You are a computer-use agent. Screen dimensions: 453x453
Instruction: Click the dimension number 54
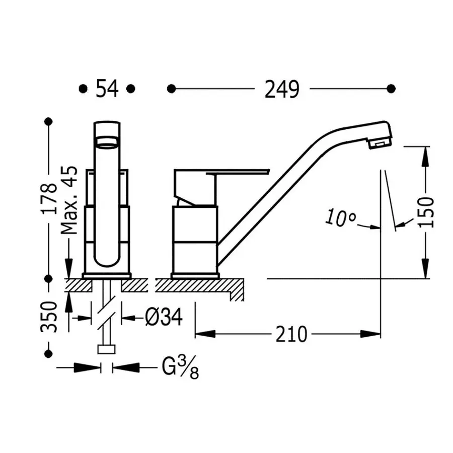[x=107, y=89]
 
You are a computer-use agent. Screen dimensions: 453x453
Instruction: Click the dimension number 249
[x=281, y=89]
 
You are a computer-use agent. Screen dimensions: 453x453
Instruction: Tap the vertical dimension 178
[x=49, y=199]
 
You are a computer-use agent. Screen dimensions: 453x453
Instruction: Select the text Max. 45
[x=69, y=200]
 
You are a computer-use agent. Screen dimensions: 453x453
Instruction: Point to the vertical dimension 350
[x=49, y=316]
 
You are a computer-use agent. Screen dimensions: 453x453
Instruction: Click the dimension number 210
[x=291, y=333]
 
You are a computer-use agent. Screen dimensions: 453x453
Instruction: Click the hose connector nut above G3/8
[x=107, y=349]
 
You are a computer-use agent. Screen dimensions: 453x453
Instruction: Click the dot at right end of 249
[x=391, y=89]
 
